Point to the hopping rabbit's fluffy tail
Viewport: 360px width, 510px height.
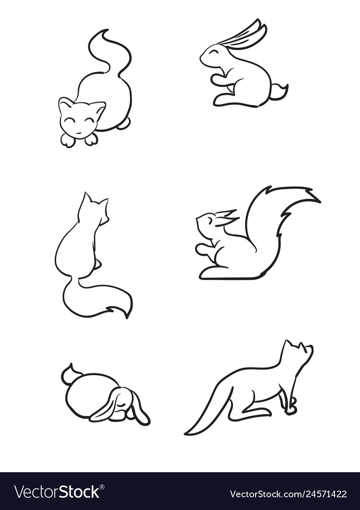tap(278, 92)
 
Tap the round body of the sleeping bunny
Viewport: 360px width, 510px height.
tap(87, 394)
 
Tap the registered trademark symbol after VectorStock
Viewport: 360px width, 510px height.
tap(102, 487)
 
